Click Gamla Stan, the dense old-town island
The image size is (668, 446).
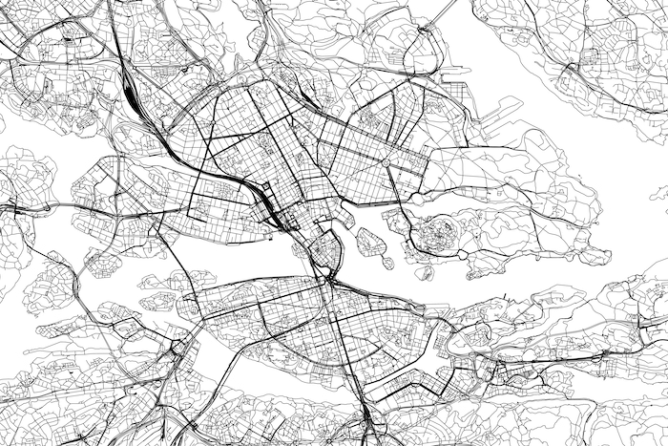pos(327,251)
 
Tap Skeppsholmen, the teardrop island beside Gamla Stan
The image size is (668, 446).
pos(368,238)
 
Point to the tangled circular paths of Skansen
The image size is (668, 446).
pos(438,231)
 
